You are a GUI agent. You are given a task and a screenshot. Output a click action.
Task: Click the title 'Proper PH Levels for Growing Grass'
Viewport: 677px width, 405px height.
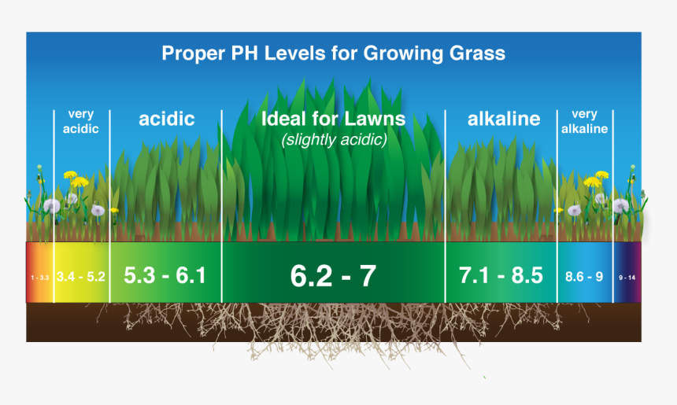[x=333, y=53]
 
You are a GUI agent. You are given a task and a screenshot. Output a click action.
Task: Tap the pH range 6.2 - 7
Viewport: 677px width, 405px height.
[x=333, y=276]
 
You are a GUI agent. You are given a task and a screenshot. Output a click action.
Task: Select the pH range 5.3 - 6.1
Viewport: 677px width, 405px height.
[x=165, y=276]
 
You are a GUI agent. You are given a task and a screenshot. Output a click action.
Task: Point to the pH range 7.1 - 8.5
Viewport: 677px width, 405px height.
[x=501, y=276]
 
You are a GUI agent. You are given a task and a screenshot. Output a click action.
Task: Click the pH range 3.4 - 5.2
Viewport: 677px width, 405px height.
[x=82, y=277]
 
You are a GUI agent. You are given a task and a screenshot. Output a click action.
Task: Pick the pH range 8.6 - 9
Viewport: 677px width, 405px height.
[x=584, y=277]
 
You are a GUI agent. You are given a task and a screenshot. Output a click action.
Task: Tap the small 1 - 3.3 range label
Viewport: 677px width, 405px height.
[x=40, y=278]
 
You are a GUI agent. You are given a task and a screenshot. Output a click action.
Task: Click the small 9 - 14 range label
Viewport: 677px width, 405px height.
[x=627, y=278]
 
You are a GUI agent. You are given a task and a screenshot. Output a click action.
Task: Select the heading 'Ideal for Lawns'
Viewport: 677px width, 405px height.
[x=333, y=120]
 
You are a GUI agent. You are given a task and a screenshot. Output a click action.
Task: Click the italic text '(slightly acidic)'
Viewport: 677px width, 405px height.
[x=333, y=140]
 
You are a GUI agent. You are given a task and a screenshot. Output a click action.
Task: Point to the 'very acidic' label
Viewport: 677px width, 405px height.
[x=81, y=122]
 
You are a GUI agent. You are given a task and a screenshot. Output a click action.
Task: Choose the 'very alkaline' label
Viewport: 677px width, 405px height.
[x=584, y=122]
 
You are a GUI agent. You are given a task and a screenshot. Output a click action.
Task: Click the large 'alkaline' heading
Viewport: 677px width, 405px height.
[x=504, y=120]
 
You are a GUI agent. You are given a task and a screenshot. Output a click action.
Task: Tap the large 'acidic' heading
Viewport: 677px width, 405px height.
[x=166, y=120]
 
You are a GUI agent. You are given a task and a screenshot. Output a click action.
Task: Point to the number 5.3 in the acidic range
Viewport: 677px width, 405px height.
[x=139, y=276]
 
